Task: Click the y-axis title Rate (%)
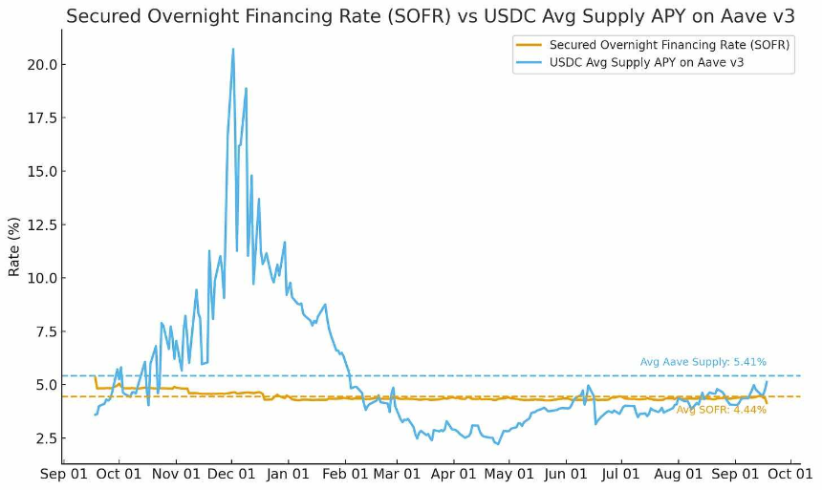(x=14, y=246)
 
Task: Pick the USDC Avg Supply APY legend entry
(x=646, y=62)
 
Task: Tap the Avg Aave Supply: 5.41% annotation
(x=703, y=362)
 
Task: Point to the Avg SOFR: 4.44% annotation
(x=721, y=410)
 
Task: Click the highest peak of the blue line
(x=233, y=49)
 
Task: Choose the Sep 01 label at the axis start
(x=63, y=473)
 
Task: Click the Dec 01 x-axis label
(x=231, y=473)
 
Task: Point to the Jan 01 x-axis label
(x=288, y=473)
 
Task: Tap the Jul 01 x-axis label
(x=621, y=473)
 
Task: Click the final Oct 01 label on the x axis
(x=789, y=473)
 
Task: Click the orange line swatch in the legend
(x=529, y=44)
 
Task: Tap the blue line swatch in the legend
(x=529, y=62)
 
